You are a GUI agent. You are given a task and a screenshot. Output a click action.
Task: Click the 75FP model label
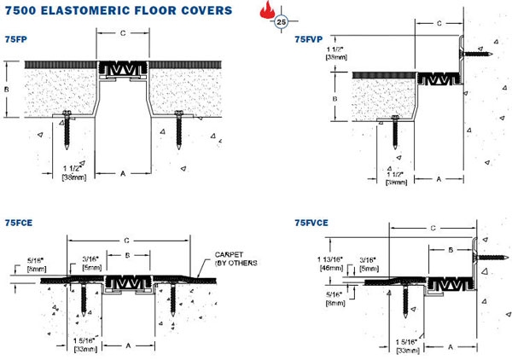tap(16, 38)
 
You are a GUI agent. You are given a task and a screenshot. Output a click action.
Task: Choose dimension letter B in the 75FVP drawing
tap(335, 99)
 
